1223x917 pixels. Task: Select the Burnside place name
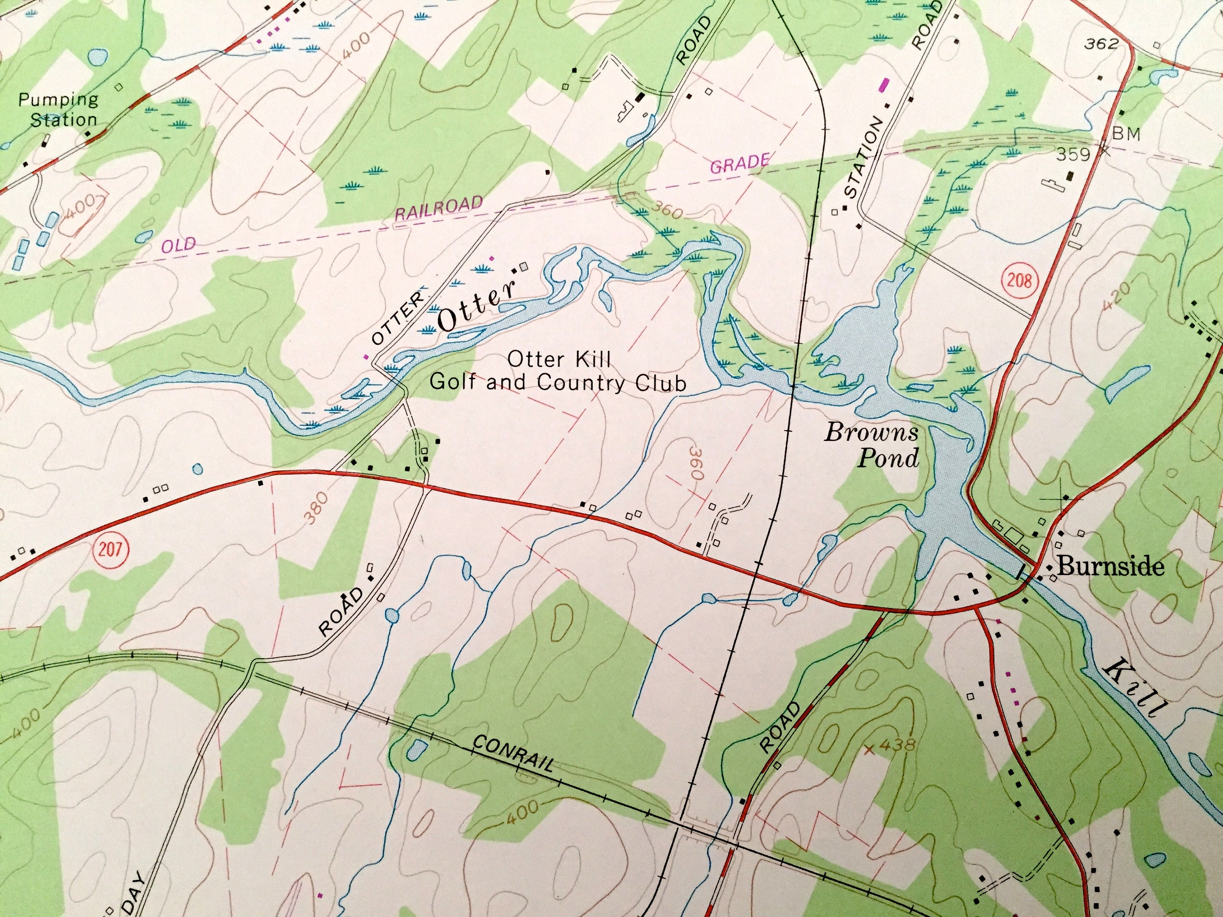pyautogui.click(x=1110, y=566)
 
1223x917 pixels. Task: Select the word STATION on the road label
pyautogui.click(x=865, y=158)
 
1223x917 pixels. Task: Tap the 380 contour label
pyautogui.click(x=316, y=507)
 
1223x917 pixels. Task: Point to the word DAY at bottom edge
pyautogui.click(x=132, y=894)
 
